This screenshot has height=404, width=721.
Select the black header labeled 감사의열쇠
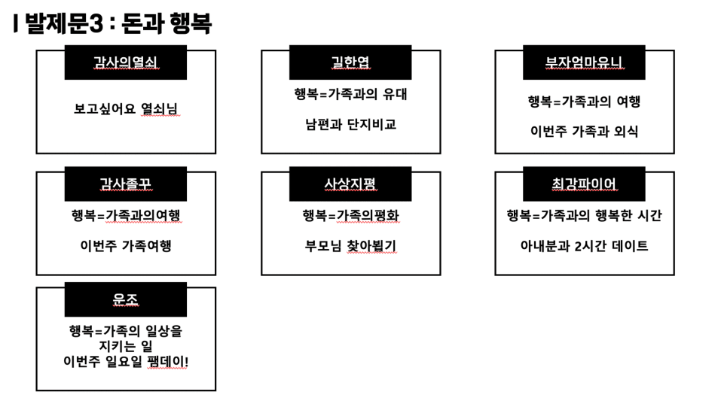126,62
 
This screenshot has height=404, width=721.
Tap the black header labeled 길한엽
350,62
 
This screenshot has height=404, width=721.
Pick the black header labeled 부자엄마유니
584,62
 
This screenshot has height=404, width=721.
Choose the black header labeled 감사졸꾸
126,184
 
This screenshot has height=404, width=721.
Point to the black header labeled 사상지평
350,184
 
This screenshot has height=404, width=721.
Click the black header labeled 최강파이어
584,184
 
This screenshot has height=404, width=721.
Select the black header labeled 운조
126,299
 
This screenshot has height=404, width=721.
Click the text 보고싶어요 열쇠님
126,109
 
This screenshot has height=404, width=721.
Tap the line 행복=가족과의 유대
351,94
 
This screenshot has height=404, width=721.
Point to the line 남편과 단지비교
351,124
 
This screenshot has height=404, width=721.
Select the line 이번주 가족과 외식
584,132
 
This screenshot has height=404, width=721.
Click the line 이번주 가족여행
126,245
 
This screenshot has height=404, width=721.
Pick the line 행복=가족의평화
351,215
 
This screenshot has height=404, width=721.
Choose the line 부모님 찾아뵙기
350,245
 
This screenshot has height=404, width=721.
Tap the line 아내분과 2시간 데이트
584,245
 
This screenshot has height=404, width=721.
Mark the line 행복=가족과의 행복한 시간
584,215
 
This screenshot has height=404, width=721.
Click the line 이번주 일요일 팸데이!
126,361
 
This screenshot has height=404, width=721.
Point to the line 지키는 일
126,346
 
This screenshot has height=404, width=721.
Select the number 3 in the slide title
96,23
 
